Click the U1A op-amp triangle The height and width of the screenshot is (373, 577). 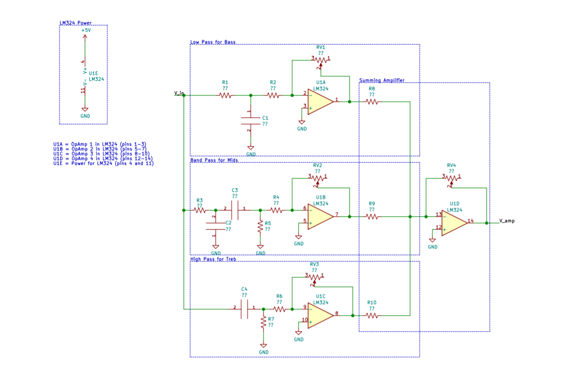pos(320,101)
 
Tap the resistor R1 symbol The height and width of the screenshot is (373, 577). pos(225,96)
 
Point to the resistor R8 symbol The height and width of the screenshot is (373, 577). pos(371,101)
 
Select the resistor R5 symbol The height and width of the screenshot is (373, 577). pos(260,226)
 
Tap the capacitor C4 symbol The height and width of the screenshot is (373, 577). pos(244,308)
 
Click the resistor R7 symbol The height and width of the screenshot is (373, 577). pos(263,322)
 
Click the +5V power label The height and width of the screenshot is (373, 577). pos(86,31)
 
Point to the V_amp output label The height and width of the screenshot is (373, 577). pos(506,221)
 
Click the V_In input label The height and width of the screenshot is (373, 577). pos(179,93)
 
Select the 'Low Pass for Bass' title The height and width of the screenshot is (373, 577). pos(213,42)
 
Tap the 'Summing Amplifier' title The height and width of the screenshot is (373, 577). pos(381,80)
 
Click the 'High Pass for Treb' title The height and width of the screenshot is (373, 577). pos(213,259)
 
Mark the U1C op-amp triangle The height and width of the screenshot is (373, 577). pos(320,315)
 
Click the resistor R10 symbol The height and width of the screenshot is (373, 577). pos(371,316)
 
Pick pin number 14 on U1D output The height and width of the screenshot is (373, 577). pos(471,220)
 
